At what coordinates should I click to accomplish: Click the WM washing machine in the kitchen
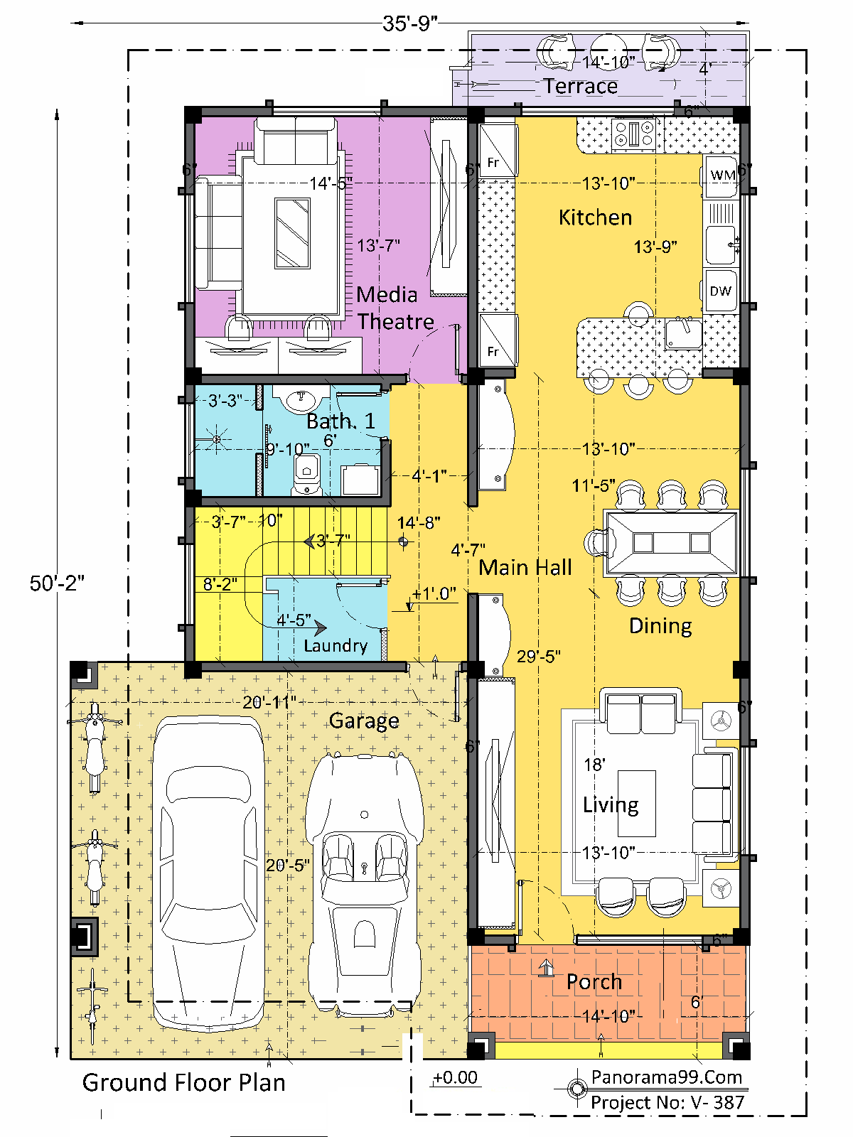coord(721,177)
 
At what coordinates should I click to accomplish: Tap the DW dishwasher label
coord(720,291)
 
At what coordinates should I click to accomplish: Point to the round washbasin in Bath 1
coord(301,399)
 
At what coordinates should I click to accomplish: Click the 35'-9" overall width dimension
coord(409,23)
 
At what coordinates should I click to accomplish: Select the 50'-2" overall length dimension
coord(57,583)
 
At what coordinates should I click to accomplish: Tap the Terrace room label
coord(581,86)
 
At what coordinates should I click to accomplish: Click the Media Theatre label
coord(395,308)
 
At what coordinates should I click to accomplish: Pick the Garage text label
coord(364,721)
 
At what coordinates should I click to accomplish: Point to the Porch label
coord(594,981)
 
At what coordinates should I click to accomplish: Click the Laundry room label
coord(336,646)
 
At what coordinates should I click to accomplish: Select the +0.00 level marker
coord(455,1077)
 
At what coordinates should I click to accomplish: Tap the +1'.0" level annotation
coord(434,593)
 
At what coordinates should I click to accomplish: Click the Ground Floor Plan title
coord(184,1082)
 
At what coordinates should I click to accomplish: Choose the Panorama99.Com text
coord(667,1077)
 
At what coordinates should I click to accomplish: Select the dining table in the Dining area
coord(671,544)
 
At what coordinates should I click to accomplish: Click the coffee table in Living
coord(636,804)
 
